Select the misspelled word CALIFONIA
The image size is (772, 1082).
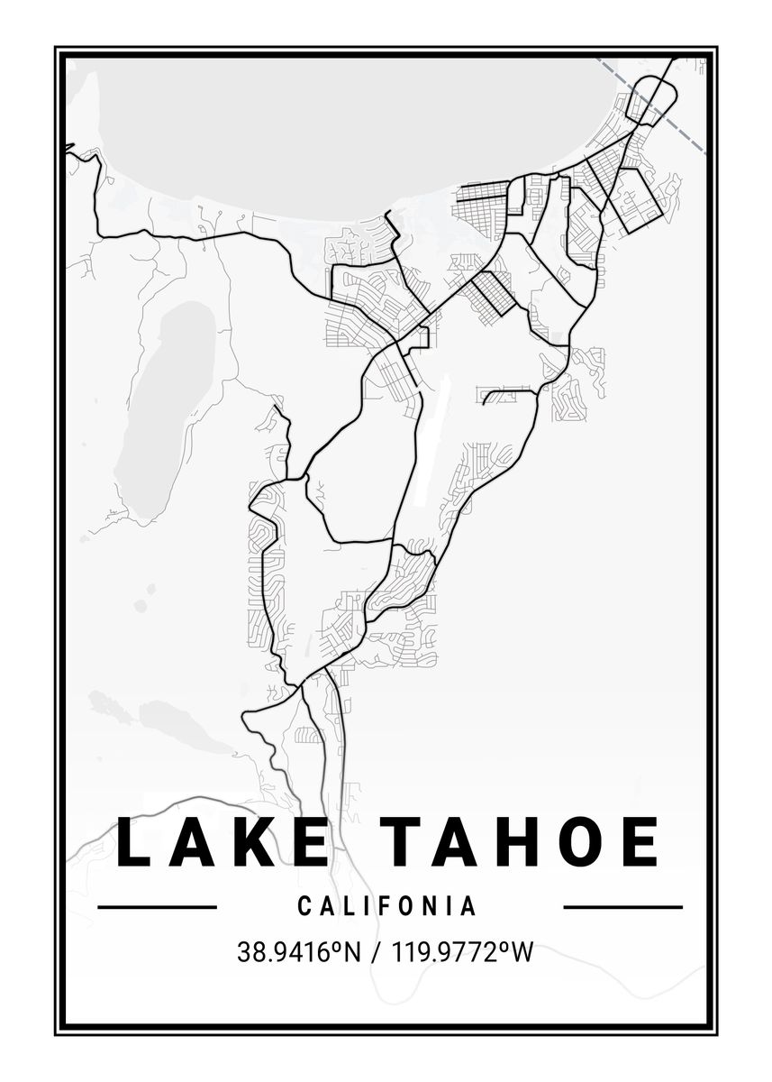[x=387, y=906]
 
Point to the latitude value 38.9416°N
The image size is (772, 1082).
[x=298, y=952]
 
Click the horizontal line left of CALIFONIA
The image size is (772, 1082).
[x=157, y=907]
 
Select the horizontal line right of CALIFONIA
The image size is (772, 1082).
[x=622, y=907]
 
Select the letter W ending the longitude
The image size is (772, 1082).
[x=522, y=952]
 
